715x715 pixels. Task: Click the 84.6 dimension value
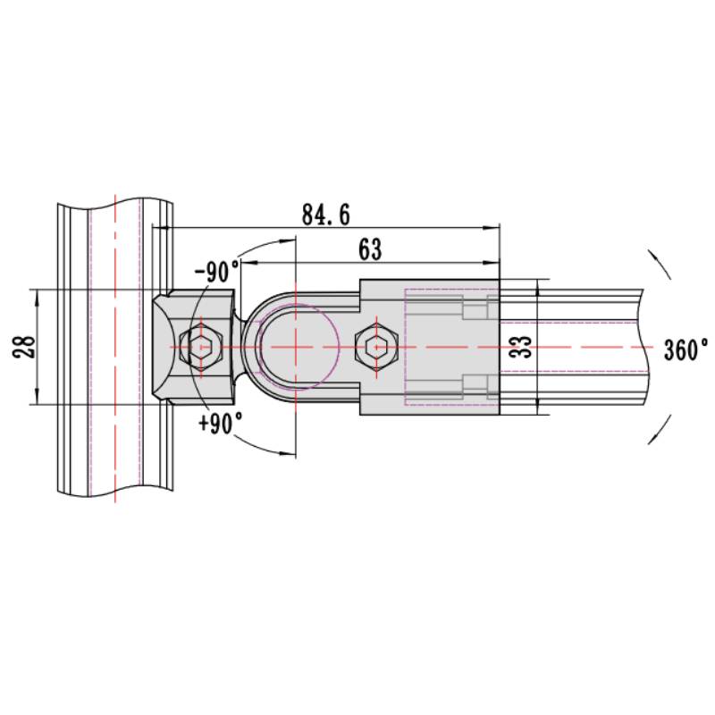(325, 215)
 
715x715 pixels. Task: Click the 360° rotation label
(686, 349)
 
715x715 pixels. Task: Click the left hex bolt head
(200, 346)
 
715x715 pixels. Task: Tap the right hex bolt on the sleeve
(375, 346)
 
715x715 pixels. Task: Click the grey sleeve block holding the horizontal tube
(429, 346)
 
